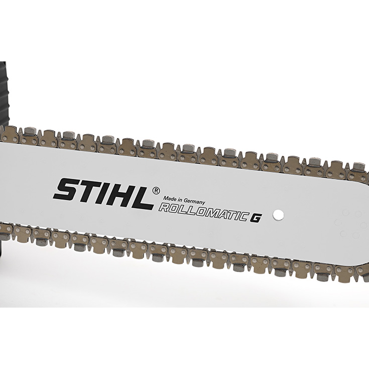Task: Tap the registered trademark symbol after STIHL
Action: tap(156, 191)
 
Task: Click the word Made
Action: tap(170, 199)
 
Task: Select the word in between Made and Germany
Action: tap(180, 200)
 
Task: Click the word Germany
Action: tap(194, 202)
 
